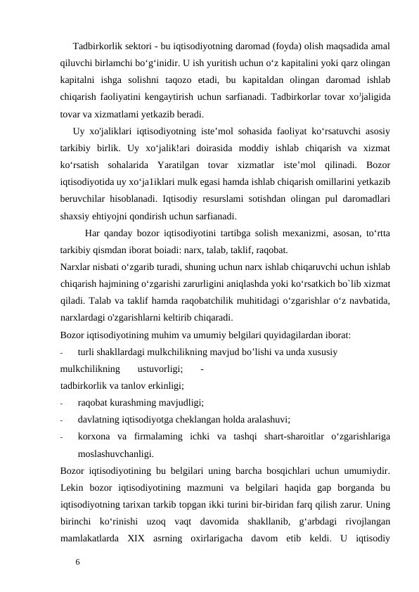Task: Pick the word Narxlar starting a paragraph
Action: click(x=76, y=267)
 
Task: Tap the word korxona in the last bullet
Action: click(x=94, y=437)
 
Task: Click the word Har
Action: click(x=94, y=233)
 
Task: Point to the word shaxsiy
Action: click(x=75, y=217)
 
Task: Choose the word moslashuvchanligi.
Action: click(x=116, y=453)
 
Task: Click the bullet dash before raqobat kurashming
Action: click(x=63, y=403)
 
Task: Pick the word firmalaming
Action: click(x=151, y=437)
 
